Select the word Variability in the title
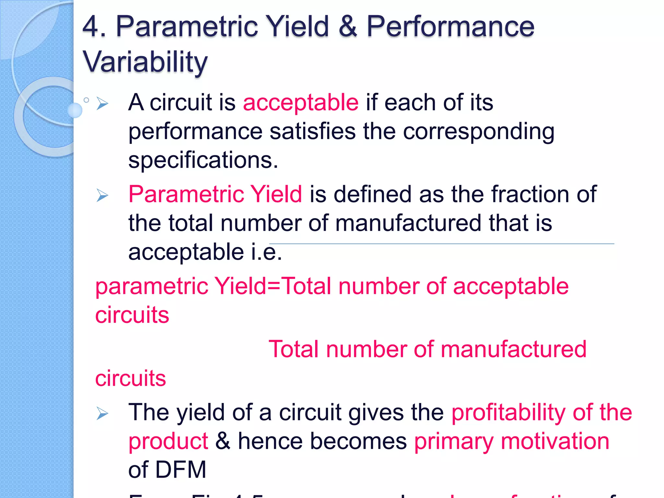tap(145, 62)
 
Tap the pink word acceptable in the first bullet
tap(301, 103)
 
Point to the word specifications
tap(203, 160)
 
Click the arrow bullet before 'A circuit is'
tap(102, 103)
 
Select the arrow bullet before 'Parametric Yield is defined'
tap(102, 195)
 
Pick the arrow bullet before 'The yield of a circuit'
tap(102, 413)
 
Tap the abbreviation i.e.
tap(267, 252)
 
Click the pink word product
tap(168, 442)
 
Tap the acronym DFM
tap(181, 470)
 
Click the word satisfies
tap(313, 132)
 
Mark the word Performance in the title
tap(450, 27)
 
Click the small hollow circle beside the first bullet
tap(86, 100)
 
